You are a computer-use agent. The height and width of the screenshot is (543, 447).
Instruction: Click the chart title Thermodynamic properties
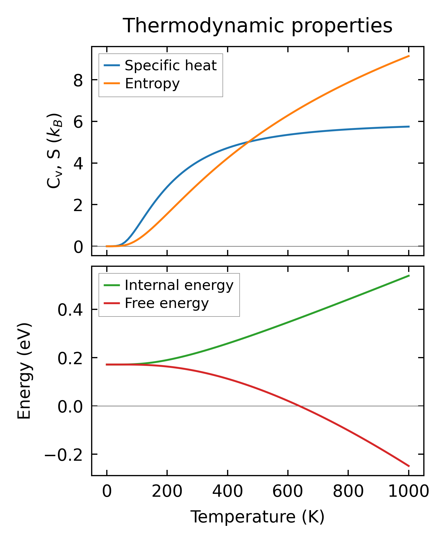point(257,26)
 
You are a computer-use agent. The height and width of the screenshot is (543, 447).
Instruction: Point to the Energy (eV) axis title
point(24,371)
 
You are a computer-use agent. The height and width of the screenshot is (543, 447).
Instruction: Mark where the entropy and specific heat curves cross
point(248,141)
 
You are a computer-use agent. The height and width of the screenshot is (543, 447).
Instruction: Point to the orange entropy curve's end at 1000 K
point(409,56)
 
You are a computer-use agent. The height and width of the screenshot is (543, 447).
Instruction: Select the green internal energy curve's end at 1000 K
point(409,276)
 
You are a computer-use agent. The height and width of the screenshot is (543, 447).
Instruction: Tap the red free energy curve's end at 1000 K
point(409,466)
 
